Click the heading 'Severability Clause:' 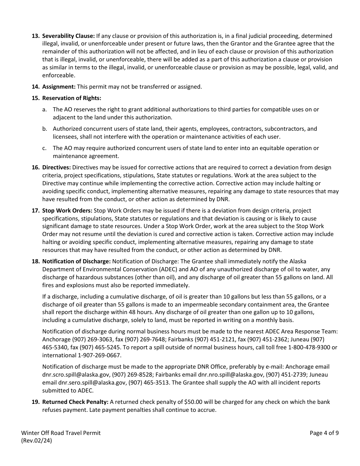click(68, 36)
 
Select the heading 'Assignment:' click(59, 87)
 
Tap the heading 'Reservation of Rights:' click(72, 98)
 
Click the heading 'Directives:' click(56, 167)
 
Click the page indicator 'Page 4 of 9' click(324, 433)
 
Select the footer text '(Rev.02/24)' click(36, 441)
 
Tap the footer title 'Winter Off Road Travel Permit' click(61, 433)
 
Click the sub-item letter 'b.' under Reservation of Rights click(45, 129)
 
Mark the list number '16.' click(35, 167)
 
